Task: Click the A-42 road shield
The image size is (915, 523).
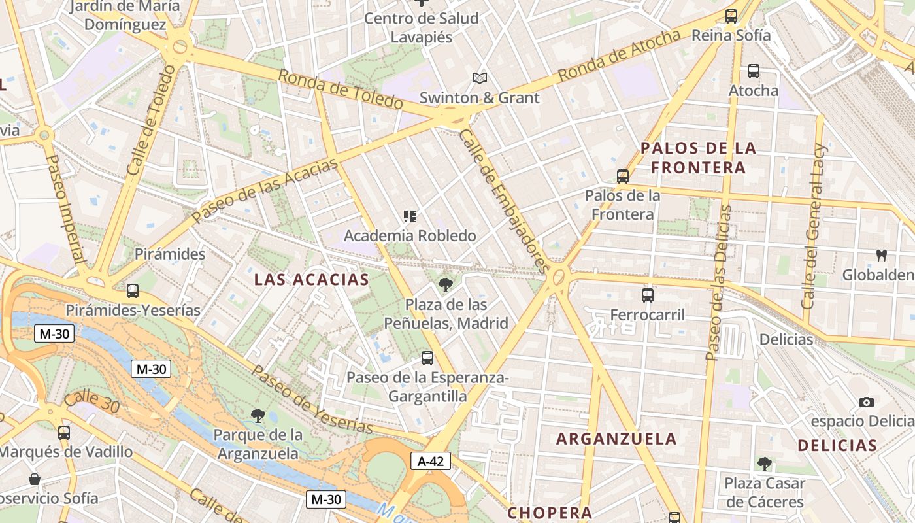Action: tap(431, 461)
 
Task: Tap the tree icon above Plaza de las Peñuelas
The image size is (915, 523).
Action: tap(446, 284)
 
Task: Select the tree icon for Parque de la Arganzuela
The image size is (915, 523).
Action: tap(258, 415)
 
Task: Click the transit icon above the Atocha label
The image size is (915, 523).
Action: tap(754, 71)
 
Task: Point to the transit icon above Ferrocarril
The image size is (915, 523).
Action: tap(648, 295)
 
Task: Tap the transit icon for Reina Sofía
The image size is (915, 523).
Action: tap(731, 16)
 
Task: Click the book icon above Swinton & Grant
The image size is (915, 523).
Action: tap(480, 78)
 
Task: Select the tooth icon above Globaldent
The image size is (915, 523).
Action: tap(881, 256)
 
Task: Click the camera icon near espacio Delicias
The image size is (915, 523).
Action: tap(867, 402)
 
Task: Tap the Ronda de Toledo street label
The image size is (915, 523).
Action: tap(340, 90)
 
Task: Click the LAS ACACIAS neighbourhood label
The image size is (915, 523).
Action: tap(311, 280)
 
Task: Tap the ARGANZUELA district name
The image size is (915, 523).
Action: tap(616, 439)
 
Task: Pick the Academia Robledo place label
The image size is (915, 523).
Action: tap(410, 235)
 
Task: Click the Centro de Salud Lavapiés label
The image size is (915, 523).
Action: tap(421, 27)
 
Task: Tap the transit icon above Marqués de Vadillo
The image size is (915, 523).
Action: tap(64, 433)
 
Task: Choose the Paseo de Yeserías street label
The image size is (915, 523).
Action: tap(312, 399)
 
